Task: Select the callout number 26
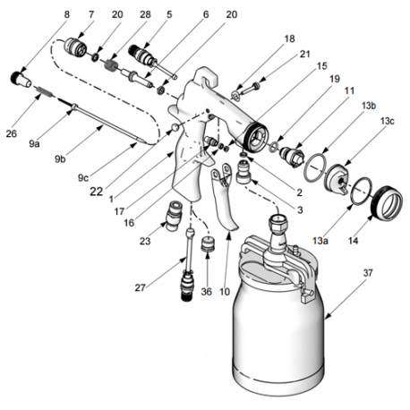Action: [x=13, y=135]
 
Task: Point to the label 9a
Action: [x=34, y=141]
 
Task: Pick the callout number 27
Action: [x=140, y=288]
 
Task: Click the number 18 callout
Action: [x=287, y=39]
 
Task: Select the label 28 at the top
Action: [x=144, y=15]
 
